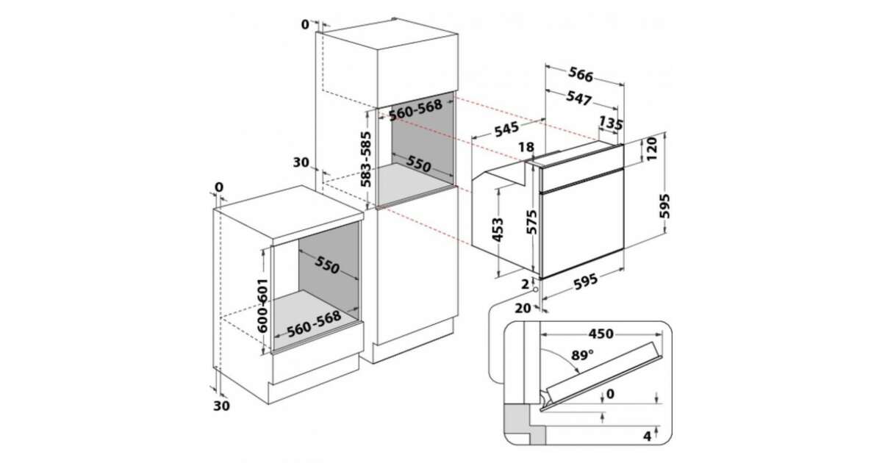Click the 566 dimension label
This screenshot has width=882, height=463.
coord(581,74)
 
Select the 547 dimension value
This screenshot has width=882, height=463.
coord(579,98)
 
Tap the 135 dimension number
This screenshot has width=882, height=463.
coord(611,123)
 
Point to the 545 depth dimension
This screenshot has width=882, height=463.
coord(506,129)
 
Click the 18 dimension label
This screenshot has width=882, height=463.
coord(526,147)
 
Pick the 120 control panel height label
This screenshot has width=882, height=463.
coord(652,148)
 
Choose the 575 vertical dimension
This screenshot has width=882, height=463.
coord(531,223)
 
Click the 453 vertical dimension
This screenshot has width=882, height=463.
coord(498,230)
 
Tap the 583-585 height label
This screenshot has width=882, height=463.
coord(366,159)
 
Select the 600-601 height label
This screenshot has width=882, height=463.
coord(262,306)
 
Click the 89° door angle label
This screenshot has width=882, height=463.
coord(582,356)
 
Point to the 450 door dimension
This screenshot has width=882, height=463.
coord(601,334)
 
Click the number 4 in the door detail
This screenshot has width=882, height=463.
coord(647,436)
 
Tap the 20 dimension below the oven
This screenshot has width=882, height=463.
coord(523,308)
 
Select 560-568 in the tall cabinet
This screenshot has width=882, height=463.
coord(415,110)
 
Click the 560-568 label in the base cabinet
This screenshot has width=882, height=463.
coord(314,324)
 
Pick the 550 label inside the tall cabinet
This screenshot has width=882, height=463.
coord(418,164)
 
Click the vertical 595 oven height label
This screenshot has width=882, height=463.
coord(664,206)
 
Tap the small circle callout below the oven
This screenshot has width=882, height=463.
coord(535,290)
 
